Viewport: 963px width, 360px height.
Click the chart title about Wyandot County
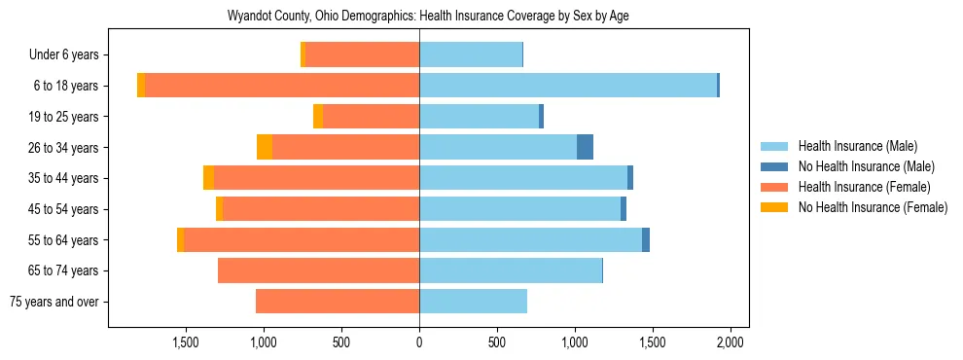tap(428, 17)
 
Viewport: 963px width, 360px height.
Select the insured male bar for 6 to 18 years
tap(568, 86)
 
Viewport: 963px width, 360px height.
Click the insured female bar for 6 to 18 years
tap(282, 86)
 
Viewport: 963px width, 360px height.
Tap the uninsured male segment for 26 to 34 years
tap(585, 147)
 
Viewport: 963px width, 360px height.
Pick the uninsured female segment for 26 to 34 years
tap(265, 147)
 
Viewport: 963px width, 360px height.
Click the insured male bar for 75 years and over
tap(473, 302)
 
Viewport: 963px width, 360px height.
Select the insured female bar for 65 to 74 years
tap(318, 270)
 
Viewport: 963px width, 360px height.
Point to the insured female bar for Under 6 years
tap(362, 54)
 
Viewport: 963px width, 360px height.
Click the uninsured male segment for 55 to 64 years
tap(646, 239)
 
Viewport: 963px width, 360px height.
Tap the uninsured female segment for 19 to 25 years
tap(318, 117)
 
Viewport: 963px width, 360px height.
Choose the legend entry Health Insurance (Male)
tap(857, 146)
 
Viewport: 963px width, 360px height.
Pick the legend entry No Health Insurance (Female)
tap(872, 207)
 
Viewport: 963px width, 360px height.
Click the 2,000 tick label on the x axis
tap(731, 342)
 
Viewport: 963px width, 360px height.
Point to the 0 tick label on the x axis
tap(419, 342)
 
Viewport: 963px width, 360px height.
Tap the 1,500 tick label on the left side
tap(186, 342)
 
